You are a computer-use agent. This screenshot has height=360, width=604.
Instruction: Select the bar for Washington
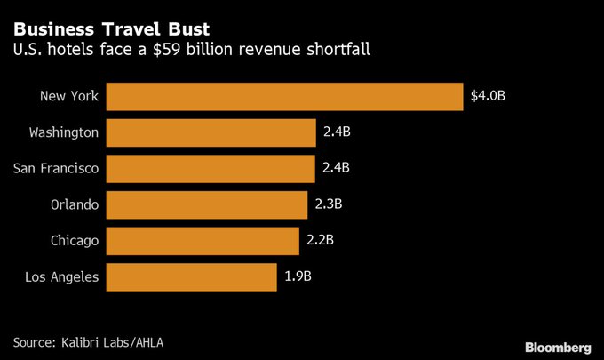(211, 132)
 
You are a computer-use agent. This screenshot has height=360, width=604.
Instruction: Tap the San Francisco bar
(211, 168)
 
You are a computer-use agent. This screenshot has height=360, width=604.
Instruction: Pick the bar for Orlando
(207, 204)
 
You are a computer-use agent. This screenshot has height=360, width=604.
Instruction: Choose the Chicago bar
(203, 240)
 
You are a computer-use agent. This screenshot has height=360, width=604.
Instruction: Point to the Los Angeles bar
(192, 276)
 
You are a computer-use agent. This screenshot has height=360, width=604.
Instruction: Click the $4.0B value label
(488, 96)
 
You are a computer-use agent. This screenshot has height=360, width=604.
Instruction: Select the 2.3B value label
(329, 204)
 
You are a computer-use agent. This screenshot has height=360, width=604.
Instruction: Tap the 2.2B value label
(321, 240)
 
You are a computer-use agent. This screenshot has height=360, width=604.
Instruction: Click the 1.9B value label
(298, 276)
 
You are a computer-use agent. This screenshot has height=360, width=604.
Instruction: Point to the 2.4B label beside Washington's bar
(337, 132)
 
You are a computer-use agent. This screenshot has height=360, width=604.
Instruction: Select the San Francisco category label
(56, 168)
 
